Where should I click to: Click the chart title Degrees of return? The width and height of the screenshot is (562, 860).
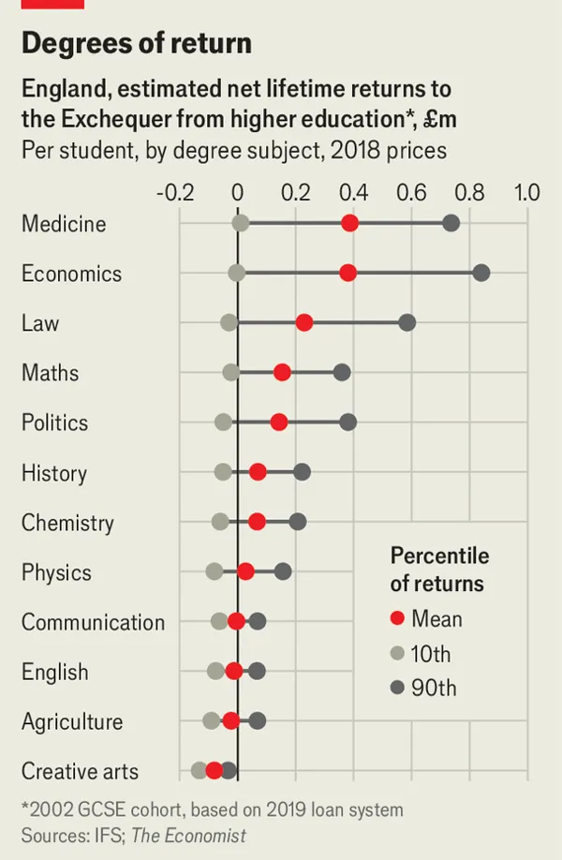tap(137, 43)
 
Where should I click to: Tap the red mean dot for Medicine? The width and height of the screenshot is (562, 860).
tap(349, 223)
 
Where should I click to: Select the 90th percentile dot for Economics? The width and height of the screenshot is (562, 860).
tap(481, 273)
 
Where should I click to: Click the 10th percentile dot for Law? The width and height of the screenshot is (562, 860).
tap(229, 322)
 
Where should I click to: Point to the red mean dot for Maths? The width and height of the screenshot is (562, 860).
tap(282, 373)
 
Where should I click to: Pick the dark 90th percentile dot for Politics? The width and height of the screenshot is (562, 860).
tap(348, 423)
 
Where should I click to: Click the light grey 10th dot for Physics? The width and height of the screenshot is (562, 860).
tap(214, 571)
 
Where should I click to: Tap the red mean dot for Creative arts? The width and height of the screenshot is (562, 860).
tap(214, 770)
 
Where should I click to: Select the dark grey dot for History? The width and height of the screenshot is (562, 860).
tap(302, 472)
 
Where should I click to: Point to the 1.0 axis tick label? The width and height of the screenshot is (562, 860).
tap(527, 193)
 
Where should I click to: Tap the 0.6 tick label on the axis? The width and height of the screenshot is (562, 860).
tap(411, 193)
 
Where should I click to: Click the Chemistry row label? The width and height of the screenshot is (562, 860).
tap(67, 523)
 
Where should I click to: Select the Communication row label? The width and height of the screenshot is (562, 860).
tap(93, 622)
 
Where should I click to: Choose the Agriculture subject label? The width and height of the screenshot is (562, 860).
tap(72, 721)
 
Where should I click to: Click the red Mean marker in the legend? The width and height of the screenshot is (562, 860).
tap(397, 618)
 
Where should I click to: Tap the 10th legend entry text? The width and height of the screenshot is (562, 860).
tap(432, 653)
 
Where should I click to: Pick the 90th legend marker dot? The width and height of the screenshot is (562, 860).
tap(397, 688)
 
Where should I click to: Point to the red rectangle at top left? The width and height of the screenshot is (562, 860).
tap(52, 4)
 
